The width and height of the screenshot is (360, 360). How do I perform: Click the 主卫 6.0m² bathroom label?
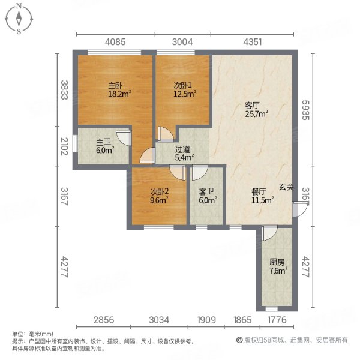click(x=104, y=146)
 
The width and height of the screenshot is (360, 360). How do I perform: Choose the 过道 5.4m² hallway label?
click(x=184, y=154)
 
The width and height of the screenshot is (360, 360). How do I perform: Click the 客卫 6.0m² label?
click(x=207, y=197)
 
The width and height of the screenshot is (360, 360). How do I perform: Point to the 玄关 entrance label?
click(x=286, y=187)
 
